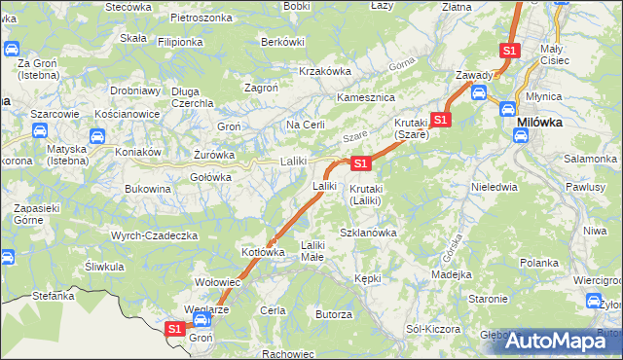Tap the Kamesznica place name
click(364, 98)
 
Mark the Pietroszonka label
click(201, 18)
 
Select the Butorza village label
click(333, 314)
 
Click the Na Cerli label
click(305, 126)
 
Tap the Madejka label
click(452, 274)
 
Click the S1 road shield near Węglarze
click(174, 329)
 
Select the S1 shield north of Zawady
click(509, 50)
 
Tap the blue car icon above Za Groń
click(12, 49)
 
